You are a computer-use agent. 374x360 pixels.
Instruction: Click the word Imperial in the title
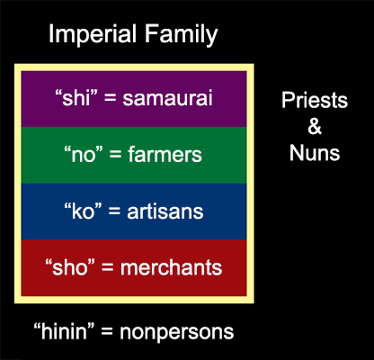93,34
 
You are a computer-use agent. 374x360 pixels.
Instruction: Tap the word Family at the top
181,34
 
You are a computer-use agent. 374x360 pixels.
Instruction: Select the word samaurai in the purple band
167,98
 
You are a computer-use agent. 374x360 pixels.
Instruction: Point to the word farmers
165,155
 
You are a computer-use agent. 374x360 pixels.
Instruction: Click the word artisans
165,211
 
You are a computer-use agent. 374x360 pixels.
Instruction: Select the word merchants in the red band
171,267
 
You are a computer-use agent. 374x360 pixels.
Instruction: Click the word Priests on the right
315,100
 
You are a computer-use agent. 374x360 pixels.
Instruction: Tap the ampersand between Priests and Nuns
315,126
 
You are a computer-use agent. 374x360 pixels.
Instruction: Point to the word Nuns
315,153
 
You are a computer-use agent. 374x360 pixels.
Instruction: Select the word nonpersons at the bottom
176,332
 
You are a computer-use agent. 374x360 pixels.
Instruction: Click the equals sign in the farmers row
114,156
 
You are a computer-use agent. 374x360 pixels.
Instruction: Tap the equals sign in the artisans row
115,211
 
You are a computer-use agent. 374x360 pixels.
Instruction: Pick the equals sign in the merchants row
108,268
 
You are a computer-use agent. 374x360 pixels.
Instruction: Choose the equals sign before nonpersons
107,332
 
